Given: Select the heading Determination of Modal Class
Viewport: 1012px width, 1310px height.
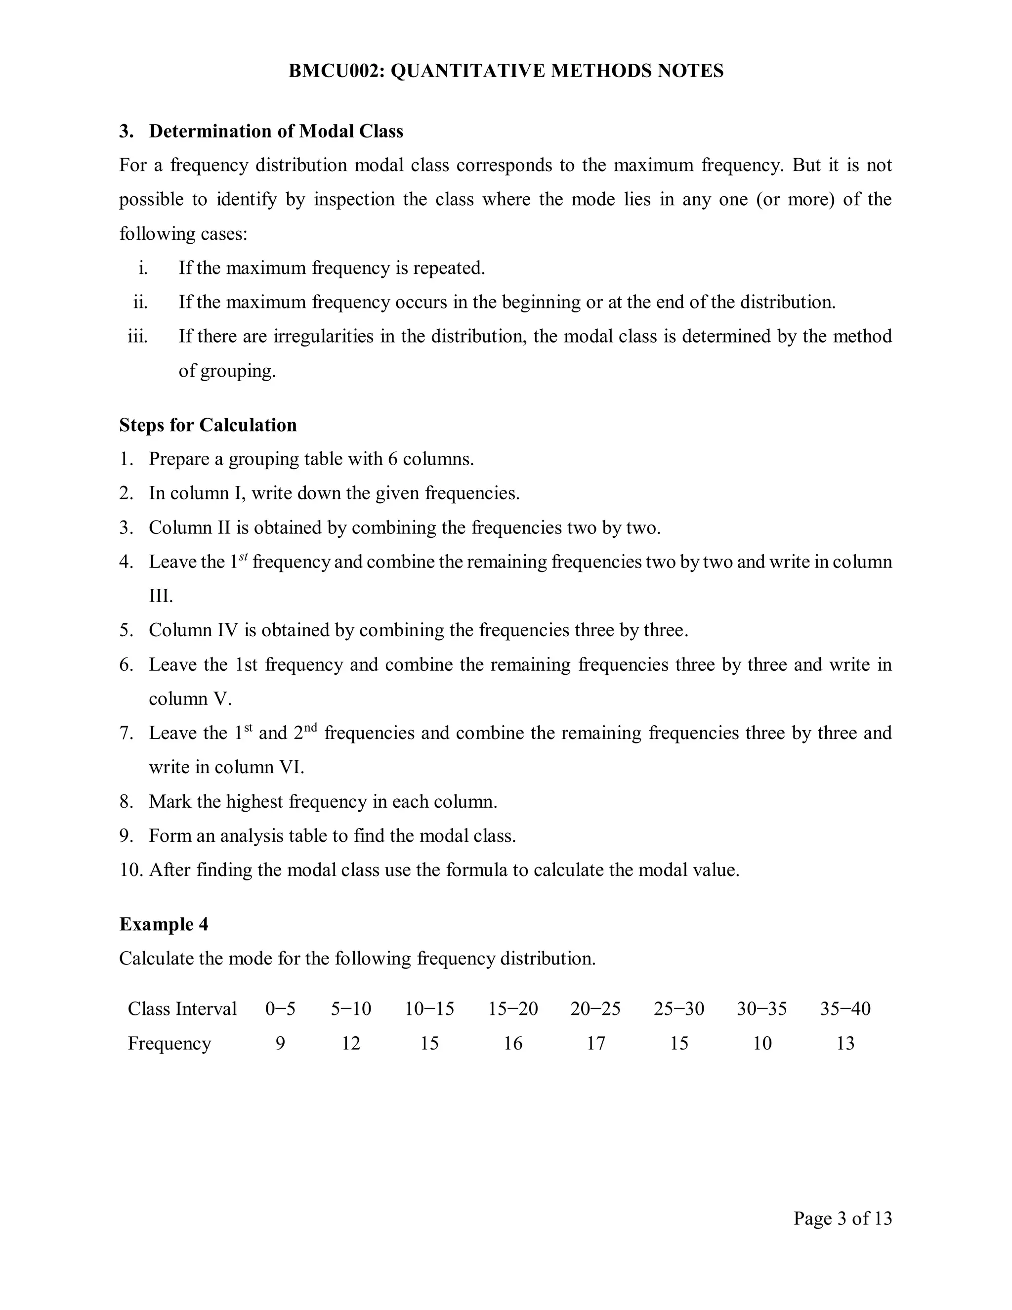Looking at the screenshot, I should (x=276, y=131).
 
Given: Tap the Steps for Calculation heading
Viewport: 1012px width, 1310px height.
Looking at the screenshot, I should (x=208, y=425).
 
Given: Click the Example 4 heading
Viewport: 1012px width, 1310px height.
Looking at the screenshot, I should (x=164, y=924).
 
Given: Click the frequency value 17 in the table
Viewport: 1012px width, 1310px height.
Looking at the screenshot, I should (x=595, y=1043).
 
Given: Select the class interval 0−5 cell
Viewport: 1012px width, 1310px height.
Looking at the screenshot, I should (x=280, y=1008).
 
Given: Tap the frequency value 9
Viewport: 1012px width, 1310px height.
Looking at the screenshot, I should (x=280, y=1043).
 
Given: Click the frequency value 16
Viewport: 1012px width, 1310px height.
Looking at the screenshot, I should (x=512, y=1043).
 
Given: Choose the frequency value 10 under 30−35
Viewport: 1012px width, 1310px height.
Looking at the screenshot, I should (x=761, y=1043).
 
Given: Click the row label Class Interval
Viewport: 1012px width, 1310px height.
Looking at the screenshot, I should (x=182, y=1008).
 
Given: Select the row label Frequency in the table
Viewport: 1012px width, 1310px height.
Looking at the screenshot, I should (x=169, y=1043).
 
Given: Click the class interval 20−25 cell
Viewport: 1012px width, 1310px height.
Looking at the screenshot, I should (x=595, y=1008).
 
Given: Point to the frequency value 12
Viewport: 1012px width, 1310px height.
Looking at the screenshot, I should (x=351, y=1043).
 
